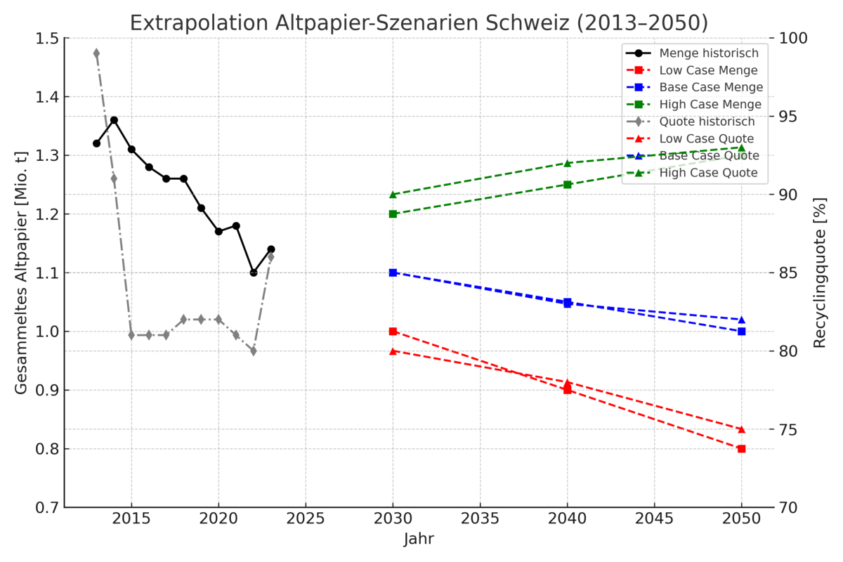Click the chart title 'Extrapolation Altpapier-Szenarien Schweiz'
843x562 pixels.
pyautogui.click(x=419, y=23)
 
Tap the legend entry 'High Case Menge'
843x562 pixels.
pyautogui.click(x=710, y=105)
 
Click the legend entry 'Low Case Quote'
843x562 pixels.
pyautogui.click(x=706, y=138)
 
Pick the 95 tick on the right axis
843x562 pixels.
pyautogui.click(x=790, y=117)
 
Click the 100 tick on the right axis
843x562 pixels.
pyautogui.click(x=794, y=39)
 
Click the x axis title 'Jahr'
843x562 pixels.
pyautogui.click(x=419, y=540)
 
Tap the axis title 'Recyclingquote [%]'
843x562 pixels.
pyautogui.click(x=820, y=273)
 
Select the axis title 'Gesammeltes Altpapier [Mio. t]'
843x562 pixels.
pyautogui.click(x=21, y=273)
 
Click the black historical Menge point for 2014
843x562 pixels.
pyautogui.click(x=114, y=120)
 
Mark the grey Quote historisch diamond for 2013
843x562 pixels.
pyautogui.click(x=96, y=53)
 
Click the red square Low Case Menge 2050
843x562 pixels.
pyautogui.click(x=741, y=448)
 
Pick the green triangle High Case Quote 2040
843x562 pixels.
pyautogui.click(x=568, y=163)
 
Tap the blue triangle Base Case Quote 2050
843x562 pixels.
pyautogui.click(x=741, y=320)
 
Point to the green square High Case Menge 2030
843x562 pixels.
pyautogui.click(x=393, y=214)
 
